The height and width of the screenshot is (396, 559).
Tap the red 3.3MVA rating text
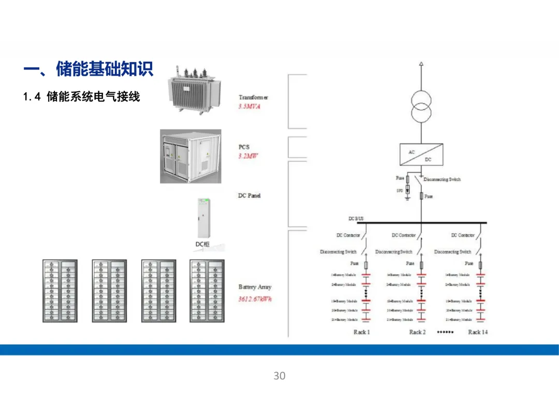pyautogui.click(x=249, y=106)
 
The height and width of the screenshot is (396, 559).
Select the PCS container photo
pyautogui.click(x=190, y=157)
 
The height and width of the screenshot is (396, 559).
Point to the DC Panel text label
pyautogui.click(x=249, y=195)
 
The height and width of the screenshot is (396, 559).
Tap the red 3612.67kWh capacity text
pyautogui.click(x=255, y=299)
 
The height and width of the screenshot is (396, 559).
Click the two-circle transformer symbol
pyautogui.click(x=421, y=106)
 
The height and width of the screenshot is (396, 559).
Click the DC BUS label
pyautogui.click(x=356, y=219)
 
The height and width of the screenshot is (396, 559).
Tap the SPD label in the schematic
pyautogui.click(x=399, y=191)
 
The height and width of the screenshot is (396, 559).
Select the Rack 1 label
pyautogui.click(x=361, y=332)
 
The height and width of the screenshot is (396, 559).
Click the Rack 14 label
pyautogui.click(x=477, y=332)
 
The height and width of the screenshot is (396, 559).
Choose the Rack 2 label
pyautogui.click(x=417, y=332)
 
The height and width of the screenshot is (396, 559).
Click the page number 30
pyautogui.click(x=279, y=376)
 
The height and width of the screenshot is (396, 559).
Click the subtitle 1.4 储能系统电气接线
pyautogui.click(x=82, y=97)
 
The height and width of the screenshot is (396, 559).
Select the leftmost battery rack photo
pyautogui.click(x=60, y=291)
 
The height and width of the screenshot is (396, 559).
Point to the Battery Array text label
pyautogui.click(x=255, y=287)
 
